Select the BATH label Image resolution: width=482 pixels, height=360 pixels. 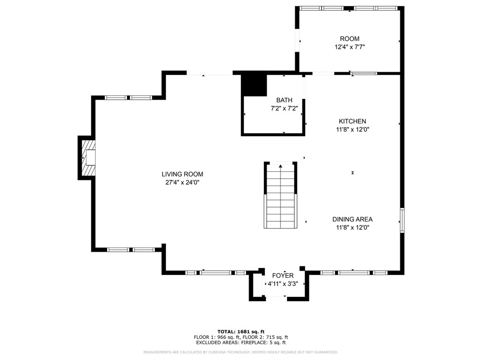pyautogui.click(x=284, y=100)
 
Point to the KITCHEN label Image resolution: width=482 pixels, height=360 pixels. pyautogui.click(x=352, y=122)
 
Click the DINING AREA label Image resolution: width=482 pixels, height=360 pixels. pyautogui.click(x=352, y=219)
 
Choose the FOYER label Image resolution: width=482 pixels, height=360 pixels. pyautogui.click(x=283, y=276)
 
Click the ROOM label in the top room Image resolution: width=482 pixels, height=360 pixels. pyautogui.click(x=349, y=39)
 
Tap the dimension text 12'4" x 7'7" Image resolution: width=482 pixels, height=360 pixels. pyautogui.click(x=349, y=47)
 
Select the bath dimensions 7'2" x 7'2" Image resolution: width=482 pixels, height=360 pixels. pyautogui.click(x=284, y=108)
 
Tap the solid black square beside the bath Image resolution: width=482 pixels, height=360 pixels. pyautogui.click(x=254, y=85)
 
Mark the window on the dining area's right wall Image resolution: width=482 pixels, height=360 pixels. pyautogui.click(x=402, y=220)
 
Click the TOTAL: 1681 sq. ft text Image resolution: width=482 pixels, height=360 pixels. pyautogui.click(x=241, y=332)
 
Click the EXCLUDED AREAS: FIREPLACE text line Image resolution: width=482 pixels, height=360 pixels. pyautogui.click(x=241, y=342)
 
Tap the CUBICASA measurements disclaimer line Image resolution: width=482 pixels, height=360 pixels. pyautogui.click(x=241, y=352)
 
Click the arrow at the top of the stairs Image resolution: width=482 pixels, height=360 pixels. pyautogui.click(x=280, y=166)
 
